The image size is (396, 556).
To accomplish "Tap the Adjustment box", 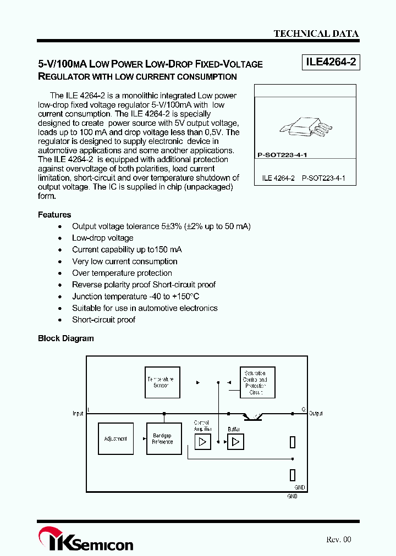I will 116,438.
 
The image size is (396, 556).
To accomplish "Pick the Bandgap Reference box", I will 162,438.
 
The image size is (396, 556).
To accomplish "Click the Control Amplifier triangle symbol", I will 202,442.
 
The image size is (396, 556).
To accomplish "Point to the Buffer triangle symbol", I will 235,442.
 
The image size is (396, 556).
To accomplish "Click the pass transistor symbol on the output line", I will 254,416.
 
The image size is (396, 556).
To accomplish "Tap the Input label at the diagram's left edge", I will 78,413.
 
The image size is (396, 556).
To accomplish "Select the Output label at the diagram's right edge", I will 316,413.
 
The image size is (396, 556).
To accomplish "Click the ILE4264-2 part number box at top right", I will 331,63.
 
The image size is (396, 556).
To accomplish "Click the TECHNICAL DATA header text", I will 316,34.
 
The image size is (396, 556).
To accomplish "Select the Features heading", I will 54,215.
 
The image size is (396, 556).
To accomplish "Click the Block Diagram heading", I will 66,338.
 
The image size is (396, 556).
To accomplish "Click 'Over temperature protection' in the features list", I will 122,273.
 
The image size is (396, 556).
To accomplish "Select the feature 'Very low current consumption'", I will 125,262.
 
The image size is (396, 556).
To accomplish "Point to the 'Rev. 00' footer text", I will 338,540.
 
